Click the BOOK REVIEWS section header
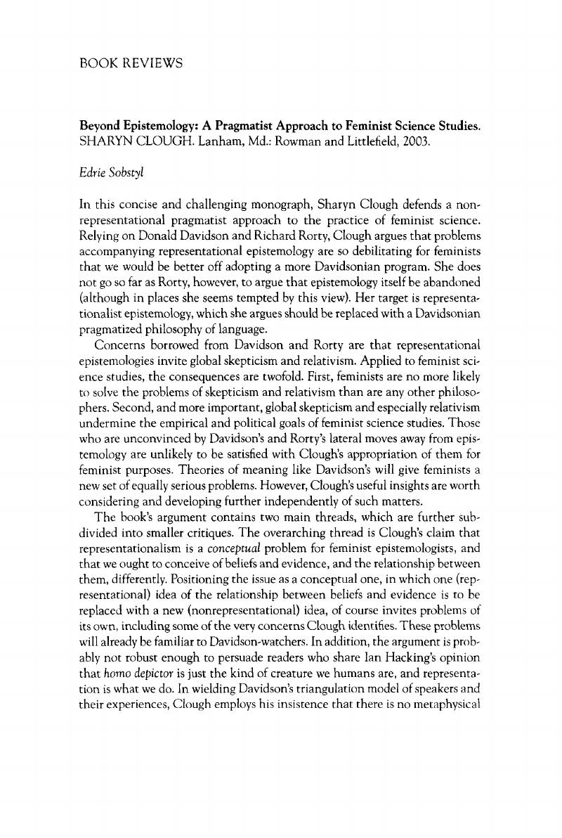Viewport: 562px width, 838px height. (131, 63)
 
